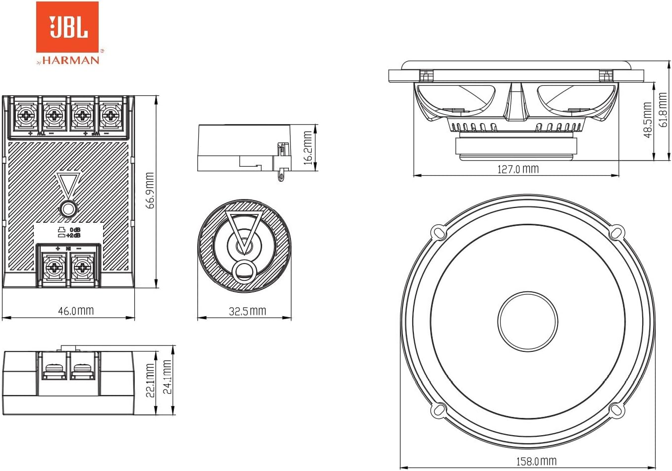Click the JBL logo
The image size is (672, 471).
(67, 27)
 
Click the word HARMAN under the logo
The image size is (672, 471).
(70, 60)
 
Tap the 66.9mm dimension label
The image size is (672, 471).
(150, 191)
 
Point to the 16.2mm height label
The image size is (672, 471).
(308, 148)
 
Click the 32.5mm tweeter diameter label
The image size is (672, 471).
(247, 311)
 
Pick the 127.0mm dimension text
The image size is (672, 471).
(517, 169)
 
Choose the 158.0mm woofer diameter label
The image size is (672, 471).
(536, 461)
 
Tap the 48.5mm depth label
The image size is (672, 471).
(647, 120)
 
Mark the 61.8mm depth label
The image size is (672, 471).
(663, 110)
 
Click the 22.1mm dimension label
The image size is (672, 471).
(150, 380)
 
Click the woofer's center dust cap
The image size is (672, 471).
(526, 320)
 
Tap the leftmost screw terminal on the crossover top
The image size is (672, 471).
(24, 116)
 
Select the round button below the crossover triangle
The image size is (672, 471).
(68, 209)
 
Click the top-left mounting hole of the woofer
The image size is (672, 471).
(438, 231)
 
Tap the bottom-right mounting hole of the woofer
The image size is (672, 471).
(615, 409)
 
